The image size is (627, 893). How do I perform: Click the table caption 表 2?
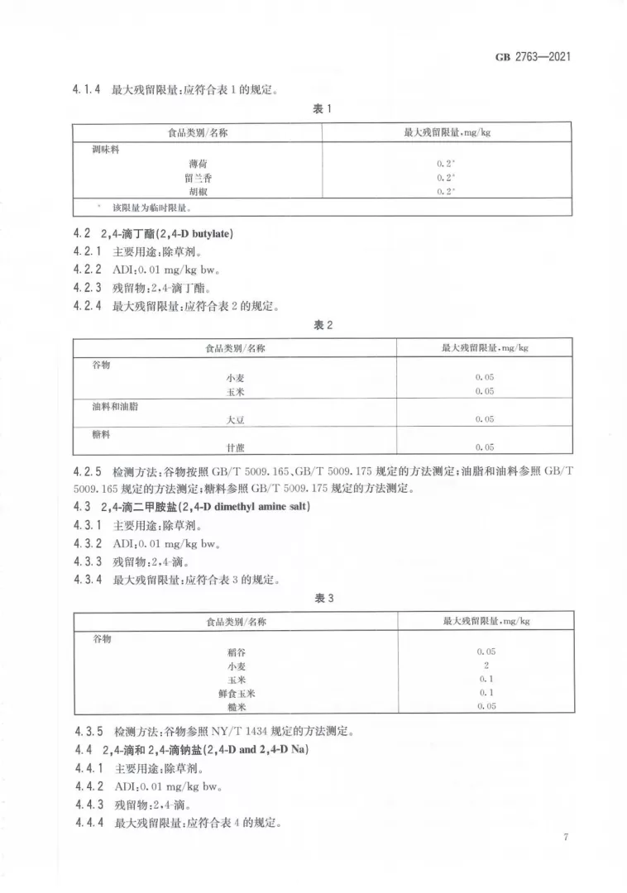(x=322, y=326)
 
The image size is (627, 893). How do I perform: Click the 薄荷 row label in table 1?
(x=198, y=164)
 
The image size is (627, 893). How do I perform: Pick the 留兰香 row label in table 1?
(x=198, y=178)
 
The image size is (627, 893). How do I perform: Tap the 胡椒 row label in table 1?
(x=198, y=192)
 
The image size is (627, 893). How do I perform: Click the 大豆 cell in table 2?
(x=236, y=419)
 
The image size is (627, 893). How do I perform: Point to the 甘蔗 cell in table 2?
(x=236, y=447)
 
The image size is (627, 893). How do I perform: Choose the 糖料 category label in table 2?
(x=102, y=433)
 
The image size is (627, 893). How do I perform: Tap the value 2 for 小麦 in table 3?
(x=486, y=665)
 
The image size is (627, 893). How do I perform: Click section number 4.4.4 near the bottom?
(x=88, y=823)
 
